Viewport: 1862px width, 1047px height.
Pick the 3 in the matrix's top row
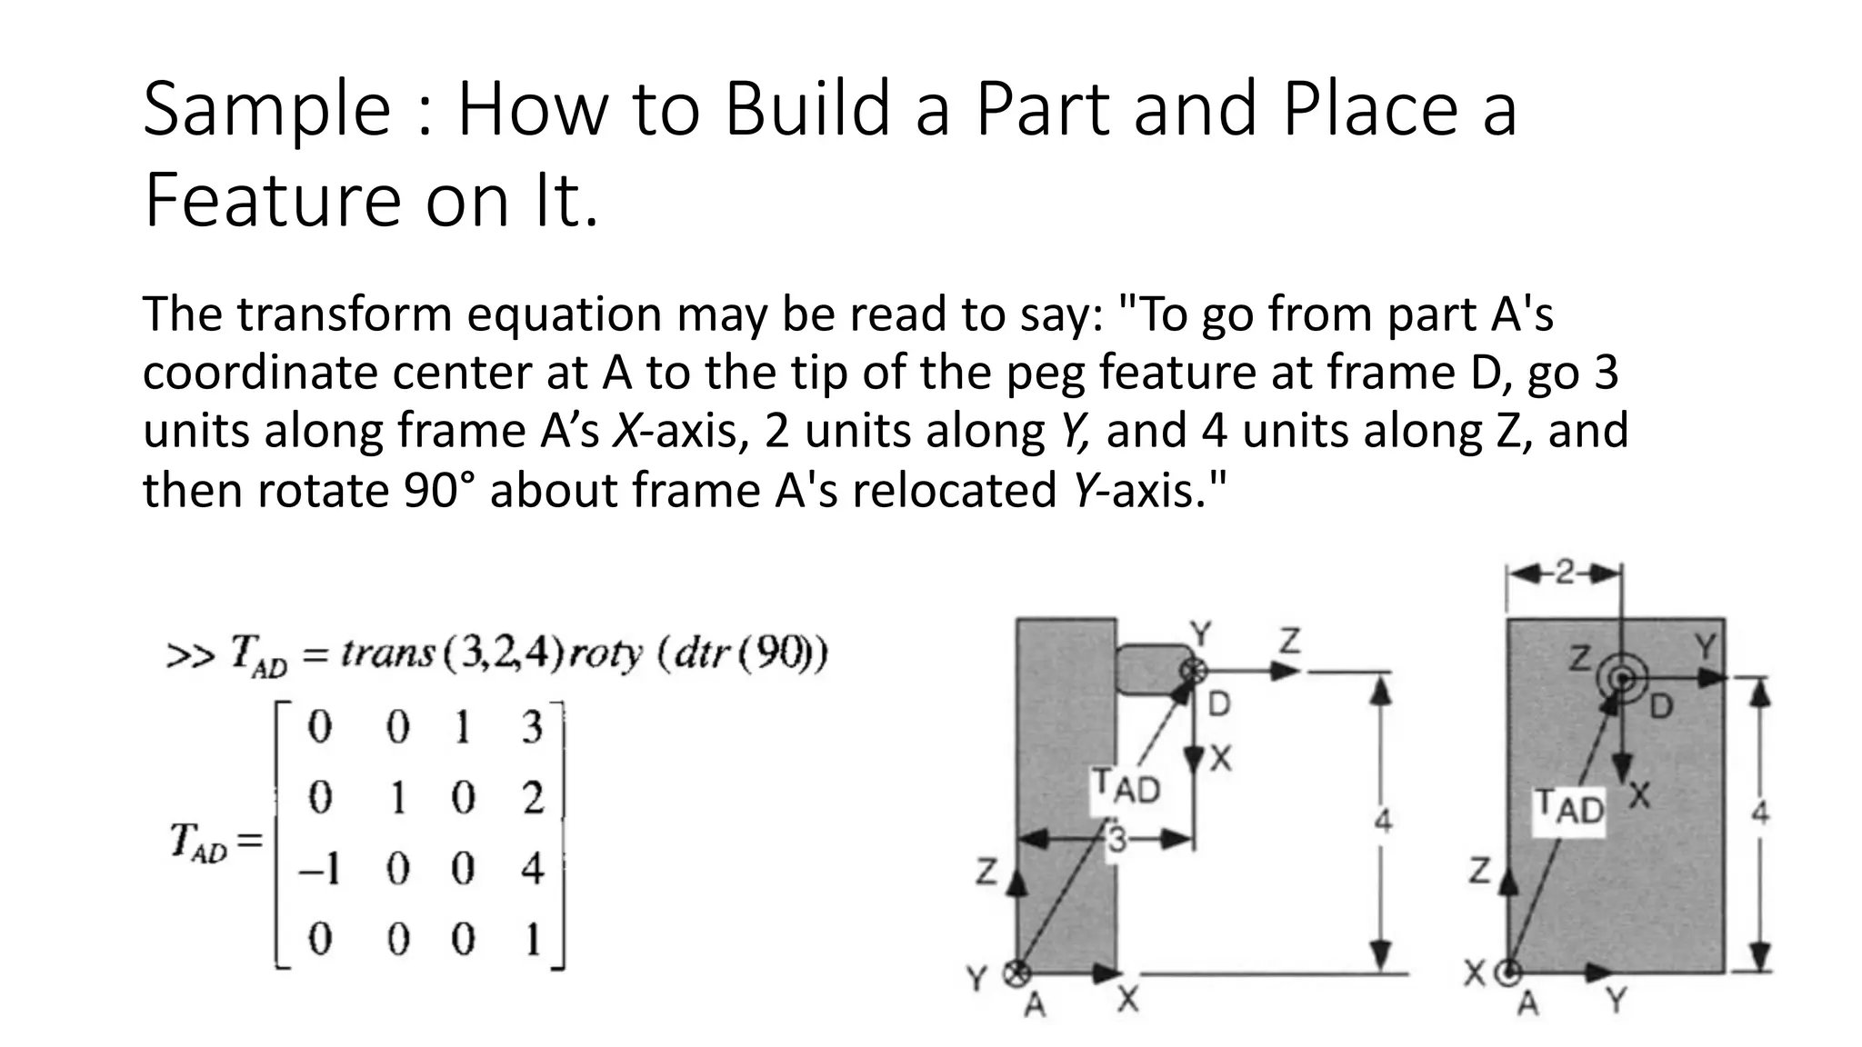tap(532, 728)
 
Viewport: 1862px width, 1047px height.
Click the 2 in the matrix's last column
tap(533, 799)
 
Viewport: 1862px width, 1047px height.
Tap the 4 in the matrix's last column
tap(533, 870)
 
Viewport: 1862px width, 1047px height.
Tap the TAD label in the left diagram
tap(1126, 787)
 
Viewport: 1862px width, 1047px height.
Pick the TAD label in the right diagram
tap(1570, 808)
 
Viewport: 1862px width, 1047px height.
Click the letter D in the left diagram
tap(1218, 704)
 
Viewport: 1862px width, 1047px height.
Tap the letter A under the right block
tap(1530, 1003)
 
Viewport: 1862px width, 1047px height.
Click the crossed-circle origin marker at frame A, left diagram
tap(1016, 974)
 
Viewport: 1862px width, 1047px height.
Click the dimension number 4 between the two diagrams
tap(1382, 821)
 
